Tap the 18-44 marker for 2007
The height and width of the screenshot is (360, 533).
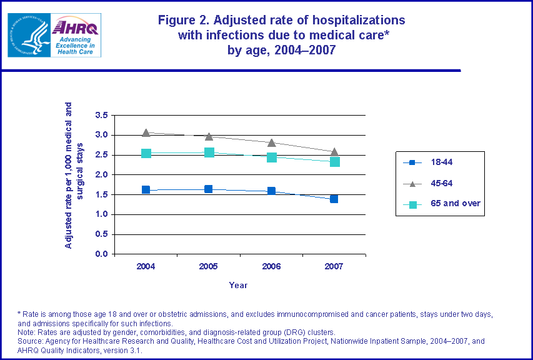click(x=334, y=199)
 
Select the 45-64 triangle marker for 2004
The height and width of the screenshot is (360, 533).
click(x=146, y=132)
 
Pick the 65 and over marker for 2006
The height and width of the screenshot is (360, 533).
click(x=272, y=157)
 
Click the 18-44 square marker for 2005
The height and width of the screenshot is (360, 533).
click(x=208, y=189)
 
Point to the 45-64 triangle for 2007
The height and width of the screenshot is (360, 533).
click(x=334, y=151)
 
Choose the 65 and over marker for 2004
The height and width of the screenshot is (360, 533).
click(x=146, y=153)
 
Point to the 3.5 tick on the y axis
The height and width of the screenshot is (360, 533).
click(x=101, y=115)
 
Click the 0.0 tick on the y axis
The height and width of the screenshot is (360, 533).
click(x=101, y=254)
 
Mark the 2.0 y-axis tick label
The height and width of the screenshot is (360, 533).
click(x=101, y=175)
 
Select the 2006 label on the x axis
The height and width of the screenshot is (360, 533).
click(x=272, y=266)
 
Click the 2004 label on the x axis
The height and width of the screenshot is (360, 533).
click(x=146, y=266)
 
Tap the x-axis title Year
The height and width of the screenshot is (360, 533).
click(x=238, y=285)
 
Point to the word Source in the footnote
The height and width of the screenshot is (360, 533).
click(x=32, y=341)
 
